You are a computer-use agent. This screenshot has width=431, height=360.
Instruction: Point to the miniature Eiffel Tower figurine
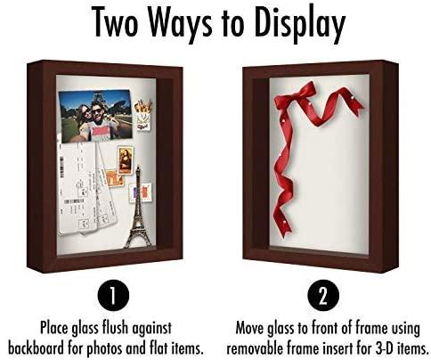pyautogui.click(x=137, y=219)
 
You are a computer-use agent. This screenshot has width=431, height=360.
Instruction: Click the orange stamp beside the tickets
pyautogui.click(x=115, y=178)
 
